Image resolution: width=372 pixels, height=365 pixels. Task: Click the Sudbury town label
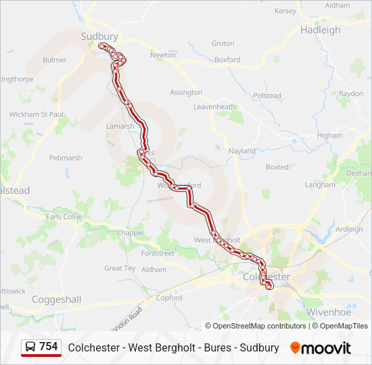(x=99, y=36)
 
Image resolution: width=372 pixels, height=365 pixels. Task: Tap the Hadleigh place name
(x=321, y=30)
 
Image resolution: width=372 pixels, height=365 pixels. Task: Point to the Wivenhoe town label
(x=329, y=312)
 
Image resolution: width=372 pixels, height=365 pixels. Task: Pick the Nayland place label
(x=242, y=151)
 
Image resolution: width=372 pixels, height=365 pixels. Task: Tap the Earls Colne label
(x=64, y=217)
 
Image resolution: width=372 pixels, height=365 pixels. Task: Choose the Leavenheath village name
(x=214, y=107)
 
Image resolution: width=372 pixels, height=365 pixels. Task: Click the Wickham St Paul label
(x=36, y=114)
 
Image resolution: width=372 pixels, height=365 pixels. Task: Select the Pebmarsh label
(x=66, y=158)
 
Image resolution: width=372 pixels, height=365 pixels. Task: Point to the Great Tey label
(x=120, y=268)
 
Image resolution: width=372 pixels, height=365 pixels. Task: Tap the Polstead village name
(x=267, y=96)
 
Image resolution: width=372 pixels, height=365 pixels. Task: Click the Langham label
(x=320, y=185)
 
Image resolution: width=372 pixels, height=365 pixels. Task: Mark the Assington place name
(x=186, y=93)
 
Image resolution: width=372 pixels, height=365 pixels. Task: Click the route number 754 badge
(x=48, y=347)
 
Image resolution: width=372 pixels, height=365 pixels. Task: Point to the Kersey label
(x=286, y=11)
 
